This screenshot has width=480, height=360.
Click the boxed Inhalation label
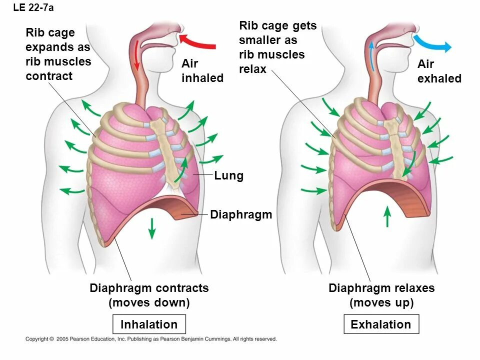pyautogui.click(x=149, y=324)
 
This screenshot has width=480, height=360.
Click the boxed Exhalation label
pyautogui.click(x=381, y=324)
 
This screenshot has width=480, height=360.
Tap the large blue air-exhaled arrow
pyautogui.click(x=431, y=44)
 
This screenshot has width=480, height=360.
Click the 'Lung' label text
pyautogui.click(x=229, y=176)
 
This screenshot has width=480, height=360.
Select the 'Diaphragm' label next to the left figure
pyautogui.click(x=241, y=215)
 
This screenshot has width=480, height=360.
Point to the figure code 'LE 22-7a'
pyautogui.click(x=33, y=7)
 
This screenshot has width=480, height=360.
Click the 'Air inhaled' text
pyautogui.click(x=202, y=71)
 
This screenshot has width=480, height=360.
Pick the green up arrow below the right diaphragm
pyautogui.click(x=387, y=216)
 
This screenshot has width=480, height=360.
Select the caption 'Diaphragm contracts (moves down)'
pyautogui.click(x=149, y=295)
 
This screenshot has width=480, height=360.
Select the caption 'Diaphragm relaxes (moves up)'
pyautogui.click(x=381, y=295)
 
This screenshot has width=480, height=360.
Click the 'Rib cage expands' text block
pyautogui.click(x=58, y=54)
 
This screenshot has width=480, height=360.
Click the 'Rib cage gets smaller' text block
pyautogui.click(x=277, y=47)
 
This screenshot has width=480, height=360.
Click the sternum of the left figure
pyautogui.click(x=167, y=150)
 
